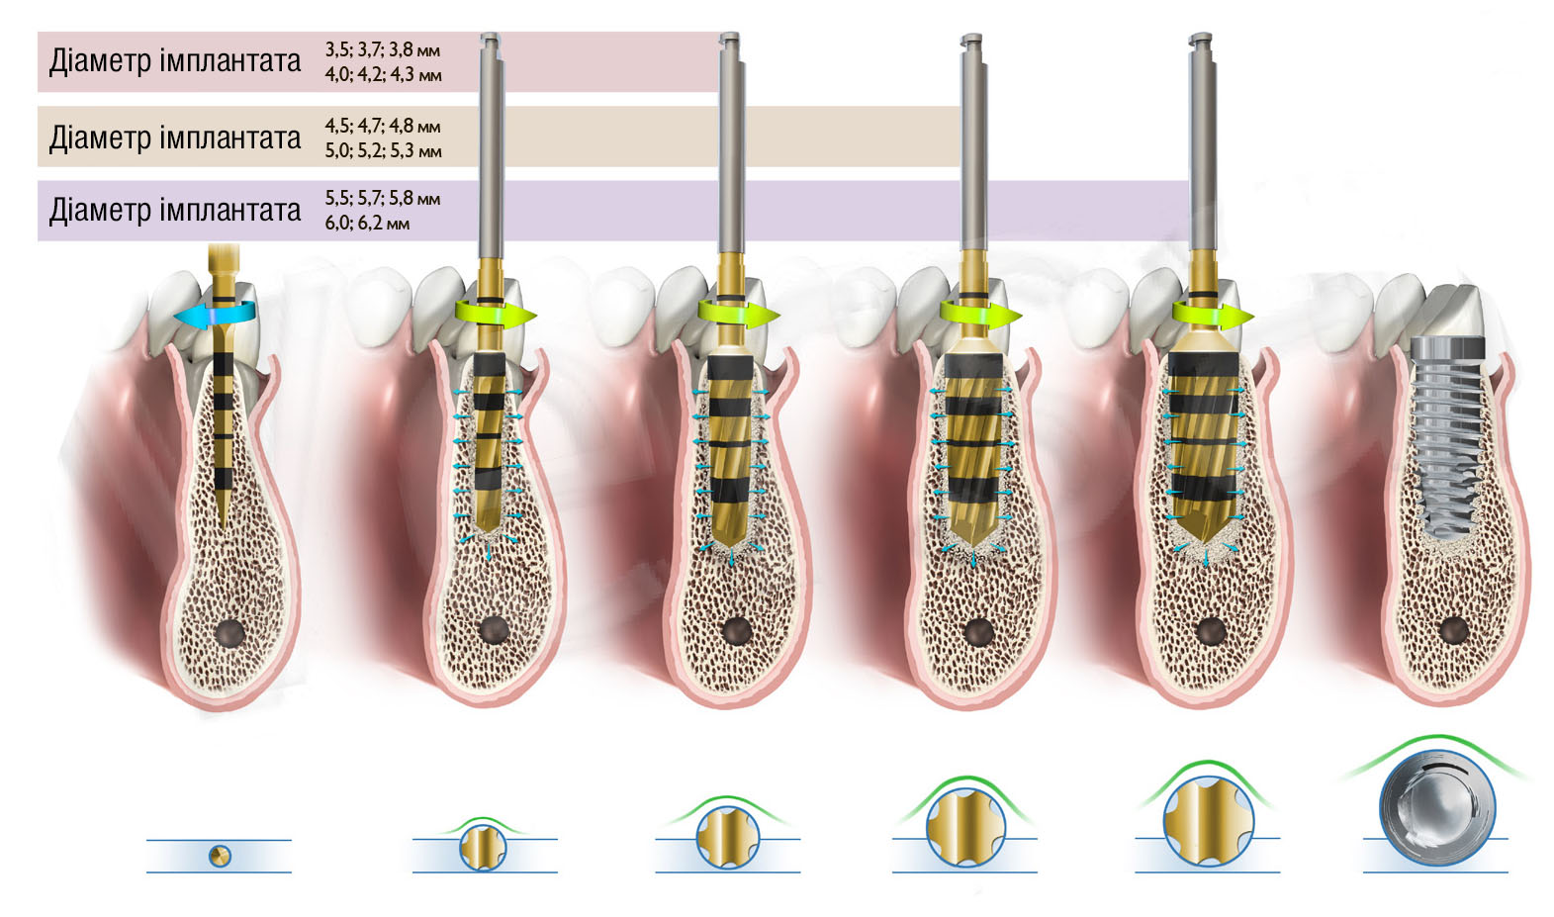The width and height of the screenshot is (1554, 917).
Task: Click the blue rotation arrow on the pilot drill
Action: (215, 315)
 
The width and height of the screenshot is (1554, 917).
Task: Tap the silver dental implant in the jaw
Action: (1448, 437)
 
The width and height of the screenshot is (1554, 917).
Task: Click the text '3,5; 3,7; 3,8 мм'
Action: (382, 49)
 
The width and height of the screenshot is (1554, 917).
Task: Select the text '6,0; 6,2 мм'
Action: (367, 224)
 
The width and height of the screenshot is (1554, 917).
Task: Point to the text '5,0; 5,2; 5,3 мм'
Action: (383, 150)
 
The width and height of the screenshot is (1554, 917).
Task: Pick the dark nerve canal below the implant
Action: (1453, 630)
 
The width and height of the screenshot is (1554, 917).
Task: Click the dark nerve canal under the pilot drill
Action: (229, 633)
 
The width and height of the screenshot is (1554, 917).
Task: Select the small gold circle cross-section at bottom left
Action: (220, 856)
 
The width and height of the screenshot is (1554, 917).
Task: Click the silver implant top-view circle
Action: (1436, 807)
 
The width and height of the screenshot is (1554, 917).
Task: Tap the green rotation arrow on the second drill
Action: (496, 315)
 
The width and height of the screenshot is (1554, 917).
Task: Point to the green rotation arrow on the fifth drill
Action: (1213, 315)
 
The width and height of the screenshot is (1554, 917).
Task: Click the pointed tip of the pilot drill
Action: (222, 526)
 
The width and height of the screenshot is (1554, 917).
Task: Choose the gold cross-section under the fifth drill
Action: (1208, 821)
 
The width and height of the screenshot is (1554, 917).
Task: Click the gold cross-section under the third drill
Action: (727, 837)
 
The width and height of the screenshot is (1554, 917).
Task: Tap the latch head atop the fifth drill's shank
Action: (1201, 39)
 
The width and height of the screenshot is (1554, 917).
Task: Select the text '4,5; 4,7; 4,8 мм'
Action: (382, 127)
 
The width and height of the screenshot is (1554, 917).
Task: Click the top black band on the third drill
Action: (730, 367)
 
